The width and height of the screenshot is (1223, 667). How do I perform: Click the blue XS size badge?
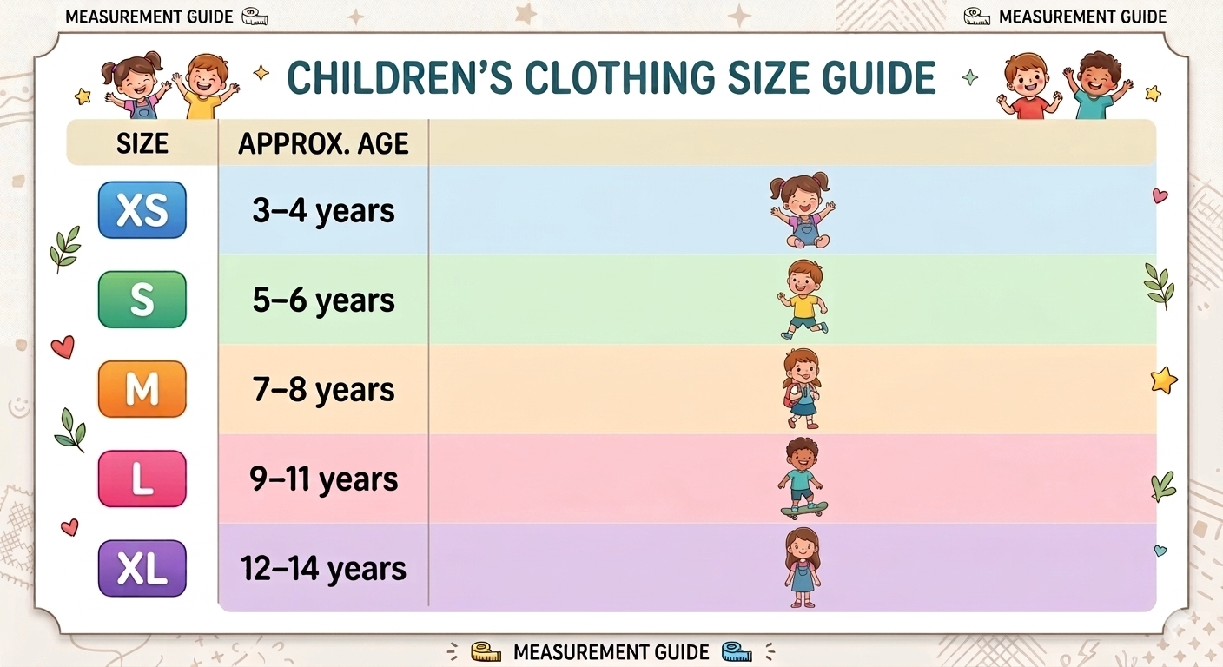coord(142,210)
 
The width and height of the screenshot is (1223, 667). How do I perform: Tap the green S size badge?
coord(142,300)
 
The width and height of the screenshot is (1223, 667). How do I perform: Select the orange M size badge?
coord(142,390)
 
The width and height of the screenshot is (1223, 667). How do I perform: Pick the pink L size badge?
coord(142,479)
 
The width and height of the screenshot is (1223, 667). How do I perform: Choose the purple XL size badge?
coord(142,569)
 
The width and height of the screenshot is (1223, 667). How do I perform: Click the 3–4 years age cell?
coord(323,211)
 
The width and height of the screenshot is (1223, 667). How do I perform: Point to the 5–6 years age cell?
coord(323,300)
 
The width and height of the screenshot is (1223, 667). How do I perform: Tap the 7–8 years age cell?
coord(323,390)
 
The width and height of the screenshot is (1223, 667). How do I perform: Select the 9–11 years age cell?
coord(323,479)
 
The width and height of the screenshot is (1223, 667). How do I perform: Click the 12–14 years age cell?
coord(323,569)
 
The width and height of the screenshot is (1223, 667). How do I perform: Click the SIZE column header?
coord(142,143)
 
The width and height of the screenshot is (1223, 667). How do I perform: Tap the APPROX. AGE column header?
coord(323,143)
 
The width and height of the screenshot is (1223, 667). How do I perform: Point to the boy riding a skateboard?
coord(803,479)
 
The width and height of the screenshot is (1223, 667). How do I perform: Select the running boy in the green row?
coord(803,300)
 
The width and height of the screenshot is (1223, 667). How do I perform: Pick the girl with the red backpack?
coord(802,389)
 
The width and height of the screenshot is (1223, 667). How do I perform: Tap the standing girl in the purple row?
coord(802,568)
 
